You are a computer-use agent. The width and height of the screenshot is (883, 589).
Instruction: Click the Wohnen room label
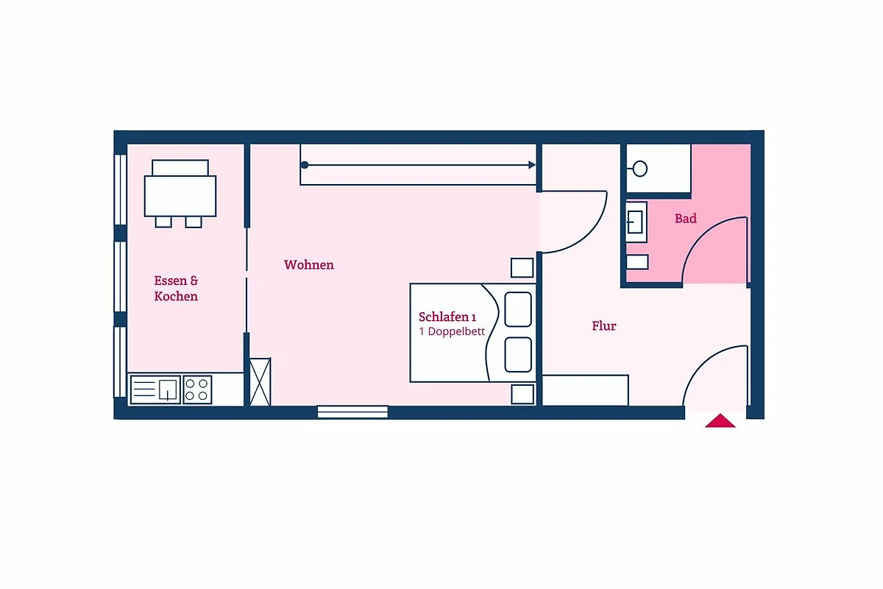[308, 265]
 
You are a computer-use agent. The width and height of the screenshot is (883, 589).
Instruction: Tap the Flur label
[604, 326]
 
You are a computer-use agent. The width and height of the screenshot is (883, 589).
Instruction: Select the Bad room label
[686, 219]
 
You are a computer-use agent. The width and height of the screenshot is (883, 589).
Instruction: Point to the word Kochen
[176, 296]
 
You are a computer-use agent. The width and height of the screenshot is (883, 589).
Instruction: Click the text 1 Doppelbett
[452, 331]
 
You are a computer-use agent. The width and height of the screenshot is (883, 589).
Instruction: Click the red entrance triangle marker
[720, 420]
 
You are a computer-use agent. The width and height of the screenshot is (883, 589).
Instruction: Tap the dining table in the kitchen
[180, 196]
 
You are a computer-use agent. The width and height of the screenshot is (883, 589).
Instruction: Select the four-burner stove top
[197, 389]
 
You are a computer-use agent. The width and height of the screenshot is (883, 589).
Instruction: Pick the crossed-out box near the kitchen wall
[260, 382]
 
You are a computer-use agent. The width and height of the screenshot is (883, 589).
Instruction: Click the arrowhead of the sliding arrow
[532, 165]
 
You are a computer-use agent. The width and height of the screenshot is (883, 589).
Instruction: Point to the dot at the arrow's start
[305, 165]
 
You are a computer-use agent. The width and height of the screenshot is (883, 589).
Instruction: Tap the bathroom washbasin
[636, 222]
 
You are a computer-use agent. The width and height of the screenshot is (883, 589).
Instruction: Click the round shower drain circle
[639, 169]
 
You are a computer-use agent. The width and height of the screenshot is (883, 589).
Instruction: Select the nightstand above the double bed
[522, 268]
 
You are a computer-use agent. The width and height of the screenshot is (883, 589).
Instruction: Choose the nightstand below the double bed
[522, 394]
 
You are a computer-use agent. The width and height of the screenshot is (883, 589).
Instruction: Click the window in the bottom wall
[352, 412]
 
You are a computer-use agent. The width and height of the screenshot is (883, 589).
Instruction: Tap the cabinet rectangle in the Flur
[585, 390]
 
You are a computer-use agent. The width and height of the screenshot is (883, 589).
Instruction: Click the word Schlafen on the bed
[444, 317]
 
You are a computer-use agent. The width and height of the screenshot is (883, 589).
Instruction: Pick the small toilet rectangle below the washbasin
[637, 262]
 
